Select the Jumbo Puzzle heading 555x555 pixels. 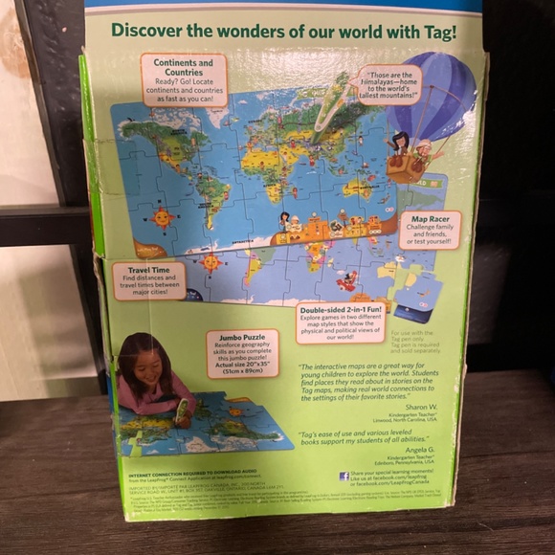tap(242, 336)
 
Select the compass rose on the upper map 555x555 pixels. tap(161, 218)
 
